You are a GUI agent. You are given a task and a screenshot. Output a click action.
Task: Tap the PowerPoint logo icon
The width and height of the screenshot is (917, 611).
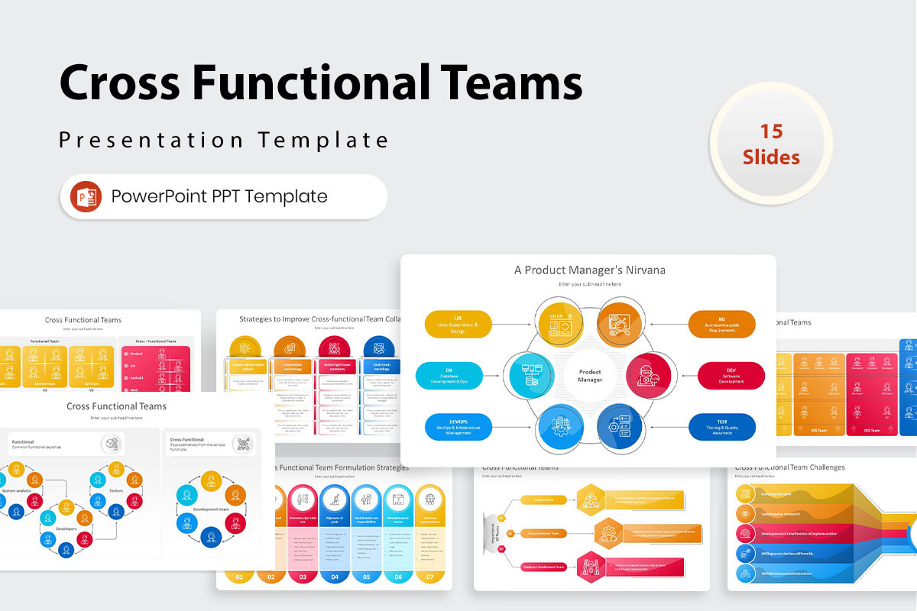(86, 196)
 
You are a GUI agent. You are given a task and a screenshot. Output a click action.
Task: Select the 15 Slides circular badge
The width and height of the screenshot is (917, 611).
(771, 144)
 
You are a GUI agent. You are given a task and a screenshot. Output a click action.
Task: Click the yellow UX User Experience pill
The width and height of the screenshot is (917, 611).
(458, 324)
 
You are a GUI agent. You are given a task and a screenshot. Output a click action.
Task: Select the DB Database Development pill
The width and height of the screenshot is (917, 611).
(449, 376)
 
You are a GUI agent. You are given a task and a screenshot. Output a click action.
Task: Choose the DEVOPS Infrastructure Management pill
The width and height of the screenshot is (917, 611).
(458, 427)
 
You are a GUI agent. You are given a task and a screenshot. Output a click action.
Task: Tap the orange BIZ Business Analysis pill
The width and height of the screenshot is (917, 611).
(721, 324)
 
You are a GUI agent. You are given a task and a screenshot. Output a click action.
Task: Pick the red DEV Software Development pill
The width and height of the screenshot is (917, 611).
(731, 376)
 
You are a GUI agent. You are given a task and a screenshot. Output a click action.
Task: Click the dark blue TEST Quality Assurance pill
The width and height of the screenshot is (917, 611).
(721, 427)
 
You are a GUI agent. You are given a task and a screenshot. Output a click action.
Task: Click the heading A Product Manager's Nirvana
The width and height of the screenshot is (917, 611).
(588, 270)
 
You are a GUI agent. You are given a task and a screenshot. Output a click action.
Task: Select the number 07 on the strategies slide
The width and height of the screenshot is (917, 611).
(429, 577)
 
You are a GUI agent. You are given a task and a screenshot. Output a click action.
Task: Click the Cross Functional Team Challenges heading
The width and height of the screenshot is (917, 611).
(789, 467)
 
